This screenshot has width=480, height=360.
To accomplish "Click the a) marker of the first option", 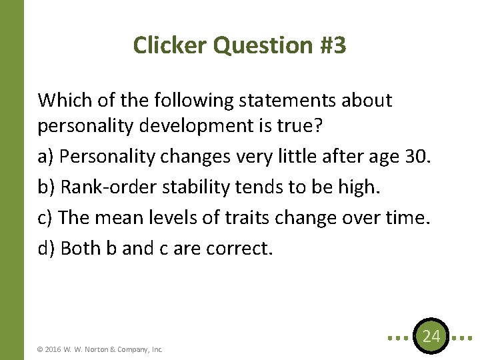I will pyautogui.click(x=46, y=157).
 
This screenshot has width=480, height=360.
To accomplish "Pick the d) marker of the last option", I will pyautogui.click(x=47, y=248).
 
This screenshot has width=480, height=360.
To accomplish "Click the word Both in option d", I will pyautogui.click(x=80, y=248).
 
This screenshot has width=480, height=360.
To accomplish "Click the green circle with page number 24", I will pyautogui.click(x=431, y=337).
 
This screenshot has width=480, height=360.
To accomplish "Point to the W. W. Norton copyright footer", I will pyautogui.click(x=101, y=349).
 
